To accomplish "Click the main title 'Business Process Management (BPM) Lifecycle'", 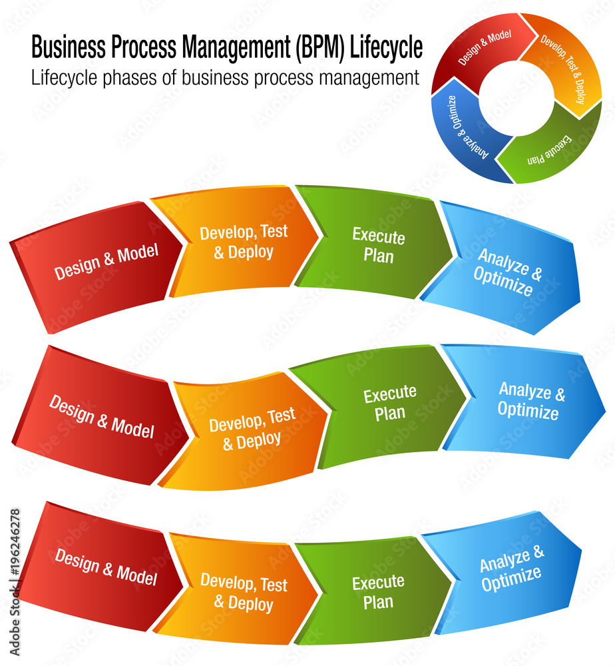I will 226,48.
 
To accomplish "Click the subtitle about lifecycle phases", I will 225,78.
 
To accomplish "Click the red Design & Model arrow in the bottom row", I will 103,566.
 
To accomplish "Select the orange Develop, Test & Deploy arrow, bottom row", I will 244,592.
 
